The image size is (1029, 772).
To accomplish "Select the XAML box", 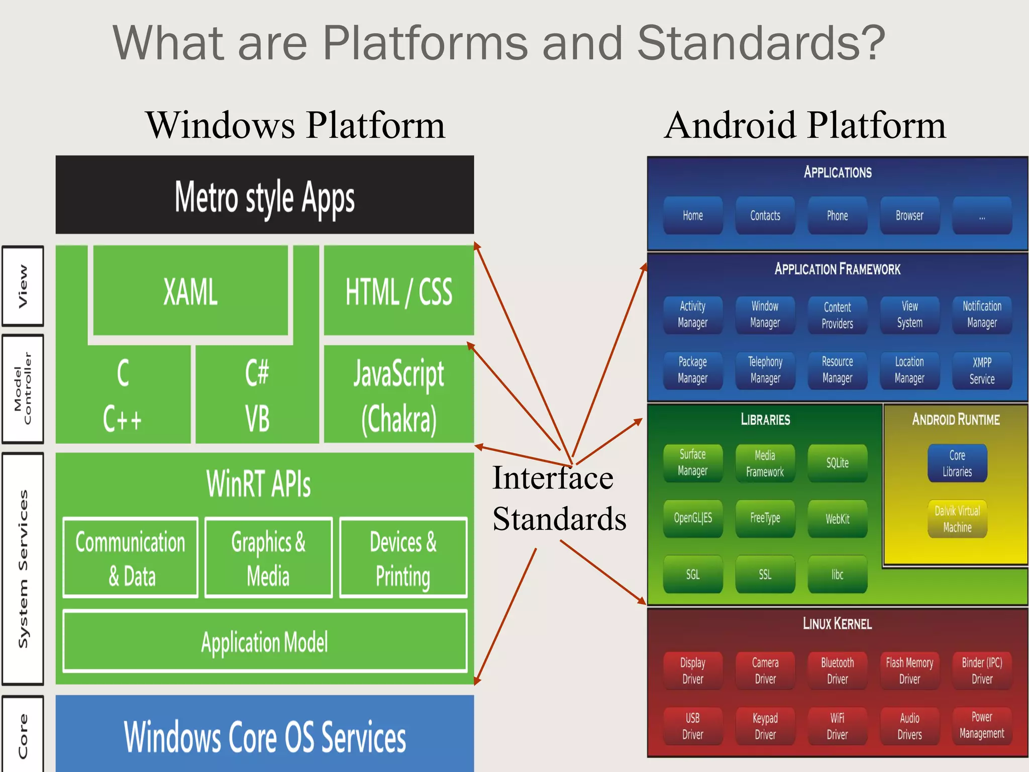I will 190,291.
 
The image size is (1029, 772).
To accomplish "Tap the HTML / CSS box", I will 399,291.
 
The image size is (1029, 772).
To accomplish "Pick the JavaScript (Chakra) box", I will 399,395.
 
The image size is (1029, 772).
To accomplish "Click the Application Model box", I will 265,642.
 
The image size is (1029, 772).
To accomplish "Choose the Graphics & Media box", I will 268,558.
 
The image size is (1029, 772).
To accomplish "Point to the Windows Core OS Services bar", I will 265,736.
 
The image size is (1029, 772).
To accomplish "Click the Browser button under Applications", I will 909,216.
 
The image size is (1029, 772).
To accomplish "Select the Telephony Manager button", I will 765,370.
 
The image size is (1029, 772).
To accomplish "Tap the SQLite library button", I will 838,463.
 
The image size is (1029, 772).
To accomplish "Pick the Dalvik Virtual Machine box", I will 957,519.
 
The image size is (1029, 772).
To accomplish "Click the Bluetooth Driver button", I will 838,670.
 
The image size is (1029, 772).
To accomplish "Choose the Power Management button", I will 982,725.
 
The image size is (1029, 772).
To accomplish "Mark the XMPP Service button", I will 982,370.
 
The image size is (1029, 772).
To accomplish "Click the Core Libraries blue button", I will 957,463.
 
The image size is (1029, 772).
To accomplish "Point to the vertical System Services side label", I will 23,568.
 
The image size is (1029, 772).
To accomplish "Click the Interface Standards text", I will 559,498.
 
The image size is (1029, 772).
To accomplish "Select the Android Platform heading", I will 805,125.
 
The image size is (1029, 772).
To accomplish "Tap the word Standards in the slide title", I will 761,43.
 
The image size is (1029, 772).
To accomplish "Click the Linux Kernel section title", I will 837,624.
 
